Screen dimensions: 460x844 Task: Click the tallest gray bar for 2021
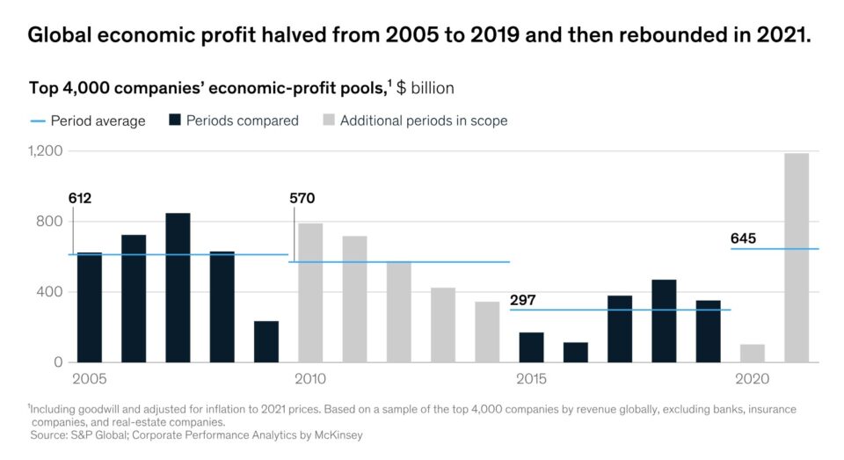[x=797, y=258]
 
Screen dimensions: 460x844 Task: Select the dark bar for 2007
[x=178, y=288]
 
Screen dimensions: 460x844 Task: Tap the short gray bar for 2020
[x=753, y=353]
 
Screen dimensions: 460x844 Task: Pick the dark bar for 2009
[x=266, y=341]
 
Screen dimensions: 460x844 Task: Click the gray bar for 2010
[x=310, y=293]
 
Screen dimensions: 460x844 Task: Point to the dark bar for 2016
[x=576, y=352]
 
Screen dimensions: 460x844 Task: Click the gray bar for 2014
[x=487, y=332]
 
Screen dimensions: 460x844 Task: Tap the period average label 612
[x=80, y=198]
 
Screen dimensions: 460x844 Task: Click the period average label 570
[x=302, y=198]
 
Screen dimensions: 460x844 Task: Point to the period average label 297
[x=523, y=300]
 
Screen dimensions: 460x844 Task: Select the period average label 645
[x=743, y=238]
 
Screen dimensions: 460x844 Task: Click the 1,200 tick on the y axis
[x=46, y=151]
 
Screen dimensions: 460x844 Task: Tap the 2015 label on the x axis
[x=531, y=379]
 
